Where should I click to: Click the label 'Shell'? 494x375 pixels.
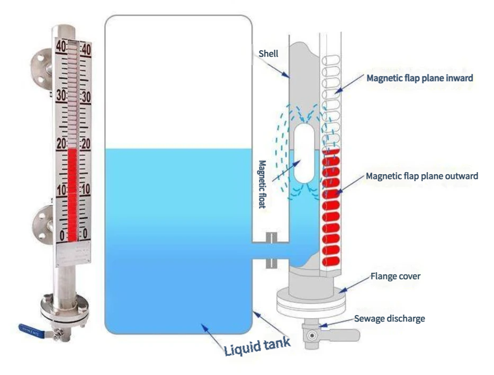[x=268, y=53]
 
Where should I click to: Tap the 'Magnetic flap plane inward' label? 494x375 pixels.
[x=419, y=78]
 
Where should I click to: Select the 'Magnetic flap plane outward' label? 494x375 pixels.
[x=421, y=176]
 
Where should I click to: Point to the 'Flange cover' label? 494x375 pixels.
[x=396, y=276]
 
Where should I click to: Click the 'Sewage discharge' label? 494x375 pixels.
[x=389, y=318]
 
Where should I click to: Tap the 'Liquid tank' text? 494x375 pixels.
[x=257, y=345]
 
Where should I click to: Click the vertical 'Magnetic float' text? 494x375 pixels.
[x=262, y=184]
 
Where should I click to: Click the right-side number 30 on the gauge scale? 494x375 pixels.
[x=85, y=97]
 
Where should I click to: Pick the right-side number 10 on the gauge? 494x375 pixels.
[x=85, y=190]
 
